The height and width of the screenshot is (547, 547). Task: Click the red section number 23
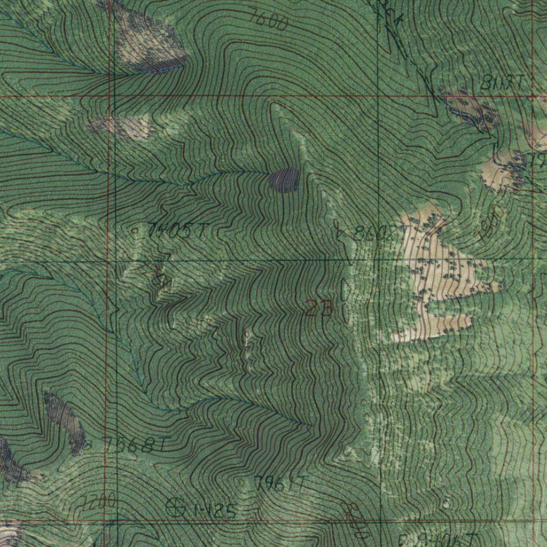click(319, 309)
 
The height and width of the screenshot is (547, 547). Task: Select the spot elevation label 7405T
click(177, 231)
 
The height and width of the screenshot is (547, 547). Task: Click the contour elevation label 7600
click(269, 21)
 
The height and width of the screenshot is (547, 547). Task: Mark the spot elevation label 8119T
click(502, 82)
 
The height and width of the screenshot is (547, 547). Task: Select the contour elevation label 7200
click(99, 502)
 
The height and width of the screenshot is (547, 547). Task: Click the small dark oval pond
click(284, 180)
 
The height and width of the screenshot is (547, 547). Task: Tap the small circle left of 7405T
click(135, 231)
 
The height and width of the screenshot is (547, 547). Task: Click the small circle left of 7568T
click(89, 443)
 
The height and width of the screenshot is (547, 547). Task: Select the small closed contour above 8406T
click(446, 503)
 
